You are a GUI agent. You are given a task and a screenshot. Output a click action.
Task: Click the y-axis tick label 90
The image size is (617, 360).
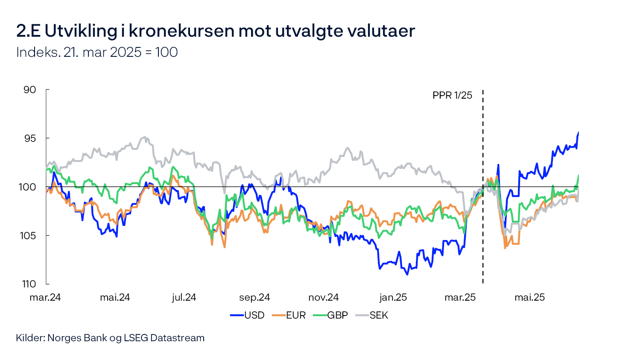coord(30,90)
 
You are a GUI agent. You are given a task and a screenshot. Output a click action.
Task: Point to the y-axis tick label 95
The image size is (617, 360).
coord(30,138)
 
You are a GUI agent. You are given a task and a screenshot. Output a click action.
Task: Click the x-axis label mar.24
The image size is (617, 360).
coord(45,298)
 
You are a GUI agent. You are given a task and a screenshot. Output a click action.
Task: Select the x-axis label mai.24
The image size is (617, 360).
coord(115,298)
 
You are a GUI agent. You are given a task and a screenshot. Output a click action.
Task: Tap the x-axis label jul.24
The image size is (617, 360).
coord(184,298)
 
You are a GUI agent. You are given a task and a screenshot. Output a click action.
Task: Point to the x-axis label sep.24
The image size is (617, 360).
coord(254,298)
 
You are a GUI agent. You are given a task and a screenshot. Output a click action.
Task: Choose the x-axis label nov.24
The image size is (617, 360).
coord(323,298)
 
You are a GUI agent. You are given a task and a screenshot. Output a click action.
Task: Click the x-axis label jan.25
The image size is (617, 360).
coord(393,298)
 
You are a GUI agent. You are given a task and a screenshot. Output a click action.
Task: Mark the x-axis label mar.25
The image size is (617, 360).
coord(460,298)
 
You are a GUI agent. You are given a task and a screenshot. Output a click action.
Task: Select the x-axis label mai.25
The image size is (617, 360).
coord(529,298)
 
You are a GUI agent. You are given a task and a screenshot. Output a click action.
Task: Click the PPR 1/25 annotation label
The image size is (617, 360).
coord(452,95)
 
